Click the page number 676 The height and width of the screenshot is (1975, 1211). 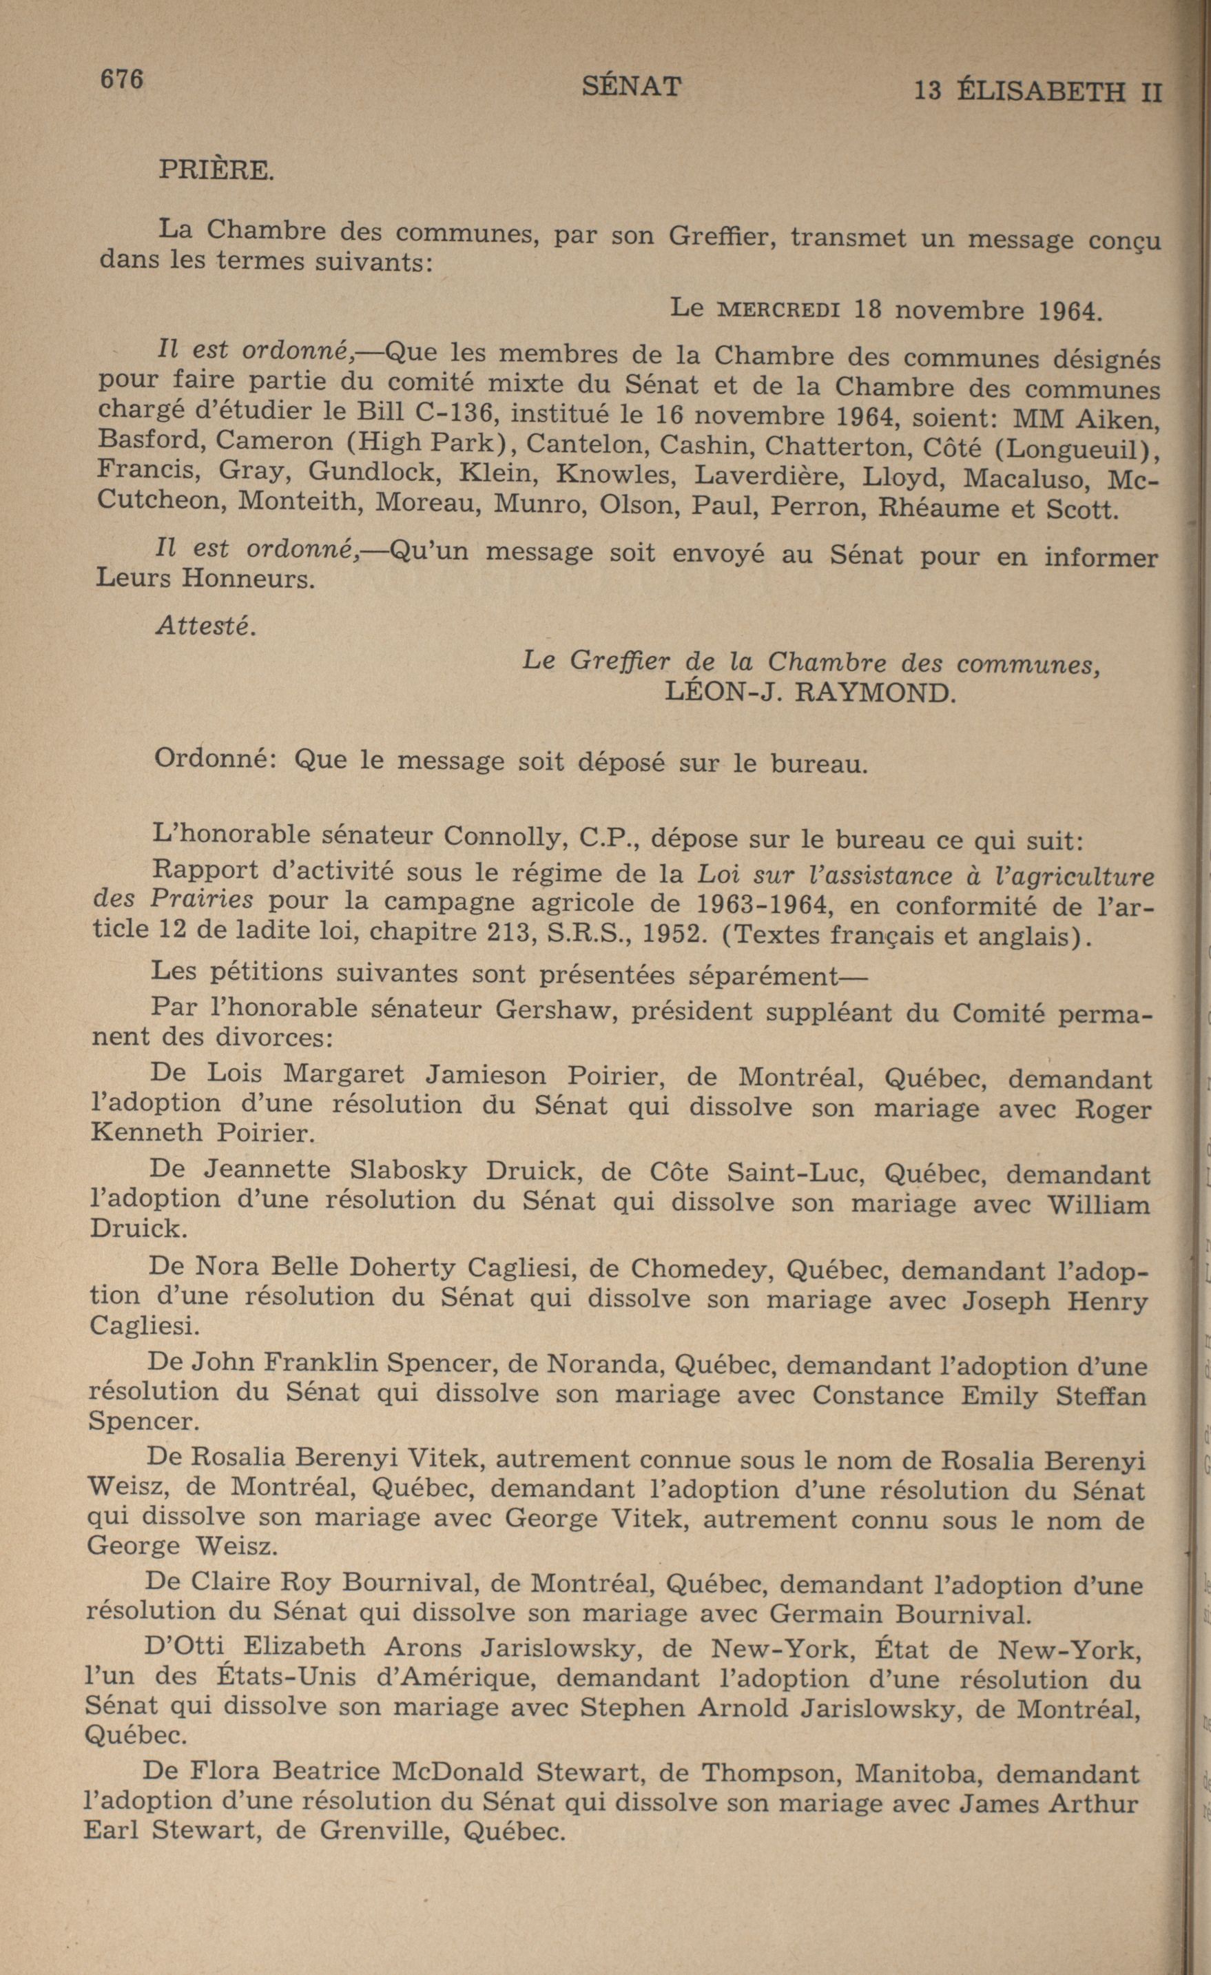coord(121,79)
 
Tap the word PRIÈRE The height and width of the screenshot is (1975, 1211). coord(216,170)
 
